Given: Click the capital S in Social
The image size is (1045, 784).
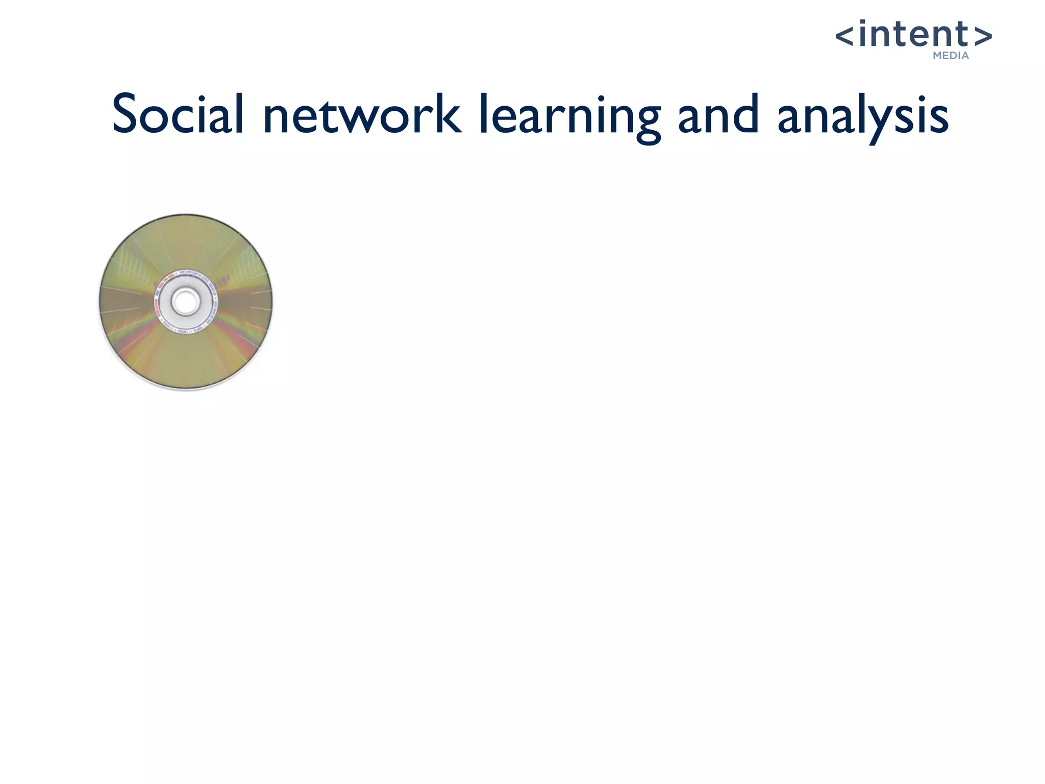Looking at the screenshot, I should [x=127, y=114].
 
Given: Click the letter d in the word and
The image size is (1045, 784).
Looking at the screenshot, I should [x=745, y=114].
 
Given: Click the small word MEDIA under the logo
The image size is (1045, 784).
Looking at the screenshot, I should [x=951, y=56].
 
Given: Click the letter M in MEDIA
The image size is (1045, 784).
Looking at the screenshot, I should [x=938, y=56].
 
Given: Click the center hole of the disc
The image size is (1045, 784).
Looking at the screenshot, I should [x=185, y=302].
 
